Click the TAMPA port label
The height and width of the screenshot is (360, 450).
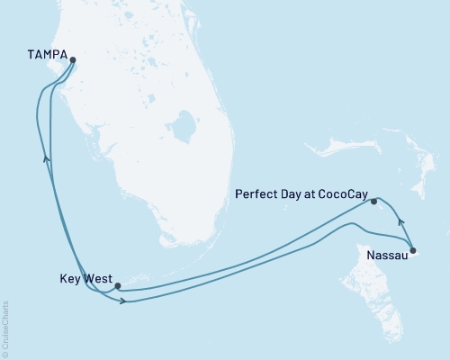[x=45, y=53]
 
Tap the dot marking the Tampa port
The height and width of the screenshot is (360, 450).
[x=73, y=62]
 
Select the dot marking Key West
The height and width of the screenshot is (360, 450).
[x=118, y=286]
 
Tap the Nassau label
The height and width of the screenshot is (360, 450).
[x=388, y=256]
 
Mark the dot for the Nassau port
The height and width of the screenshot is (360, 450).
[x=412, y=250]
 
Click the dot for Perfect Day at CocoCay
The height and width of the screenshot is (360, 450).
[x=373, y=202]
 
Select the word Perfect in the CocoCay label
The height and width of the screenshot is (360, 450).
[x=254, y=193]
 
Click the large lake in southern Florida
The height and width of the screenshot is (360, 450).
[x=186, y=128]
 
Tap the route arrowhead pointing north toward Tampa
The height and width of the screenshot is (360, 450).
[x=46, y=158]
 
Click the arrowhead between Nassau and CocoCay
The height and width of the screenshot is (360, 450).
[x=400, y=220]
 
